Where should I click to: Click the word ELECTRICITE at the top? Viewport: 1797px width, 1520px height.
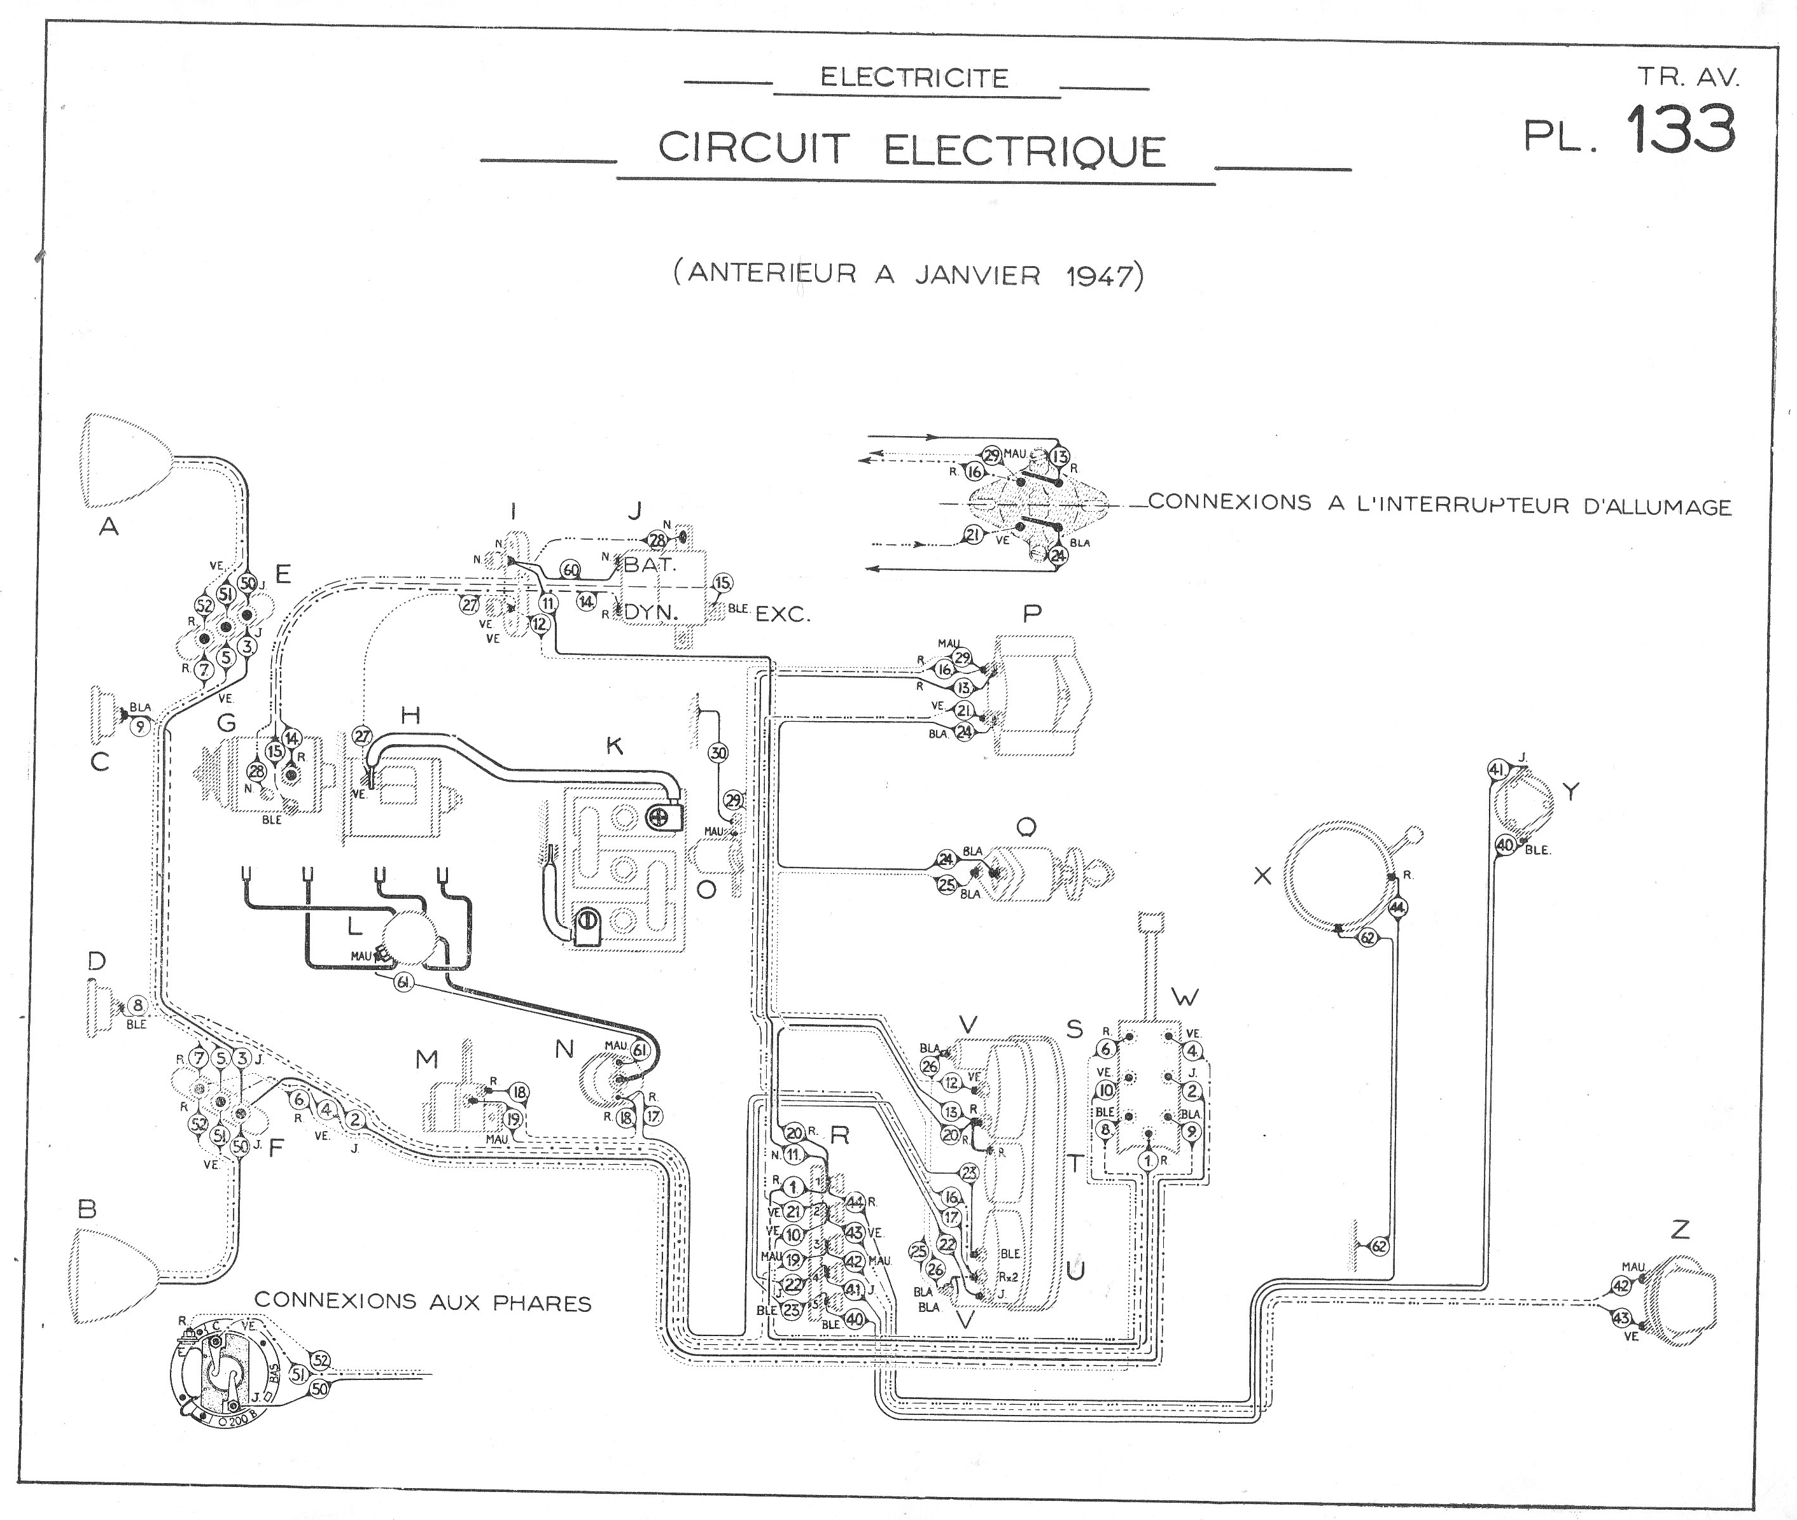pos(914,78)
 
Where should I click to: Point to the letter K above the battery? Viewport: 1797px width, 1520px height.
pos(614,745)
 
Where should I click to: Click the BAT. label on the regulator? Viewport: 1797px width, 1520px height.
pos(650,565)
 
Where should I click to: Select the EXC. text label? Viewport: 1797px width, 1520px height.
pos(782,614)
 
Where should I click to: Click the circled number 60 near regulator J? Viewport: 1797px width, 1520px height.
pos(570,570)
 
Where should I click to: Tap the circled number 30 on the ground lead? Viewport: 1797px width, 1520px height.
pos(718,753)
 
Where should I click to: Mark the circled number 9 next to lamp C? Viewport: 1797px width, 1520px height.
pos(141,726)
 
